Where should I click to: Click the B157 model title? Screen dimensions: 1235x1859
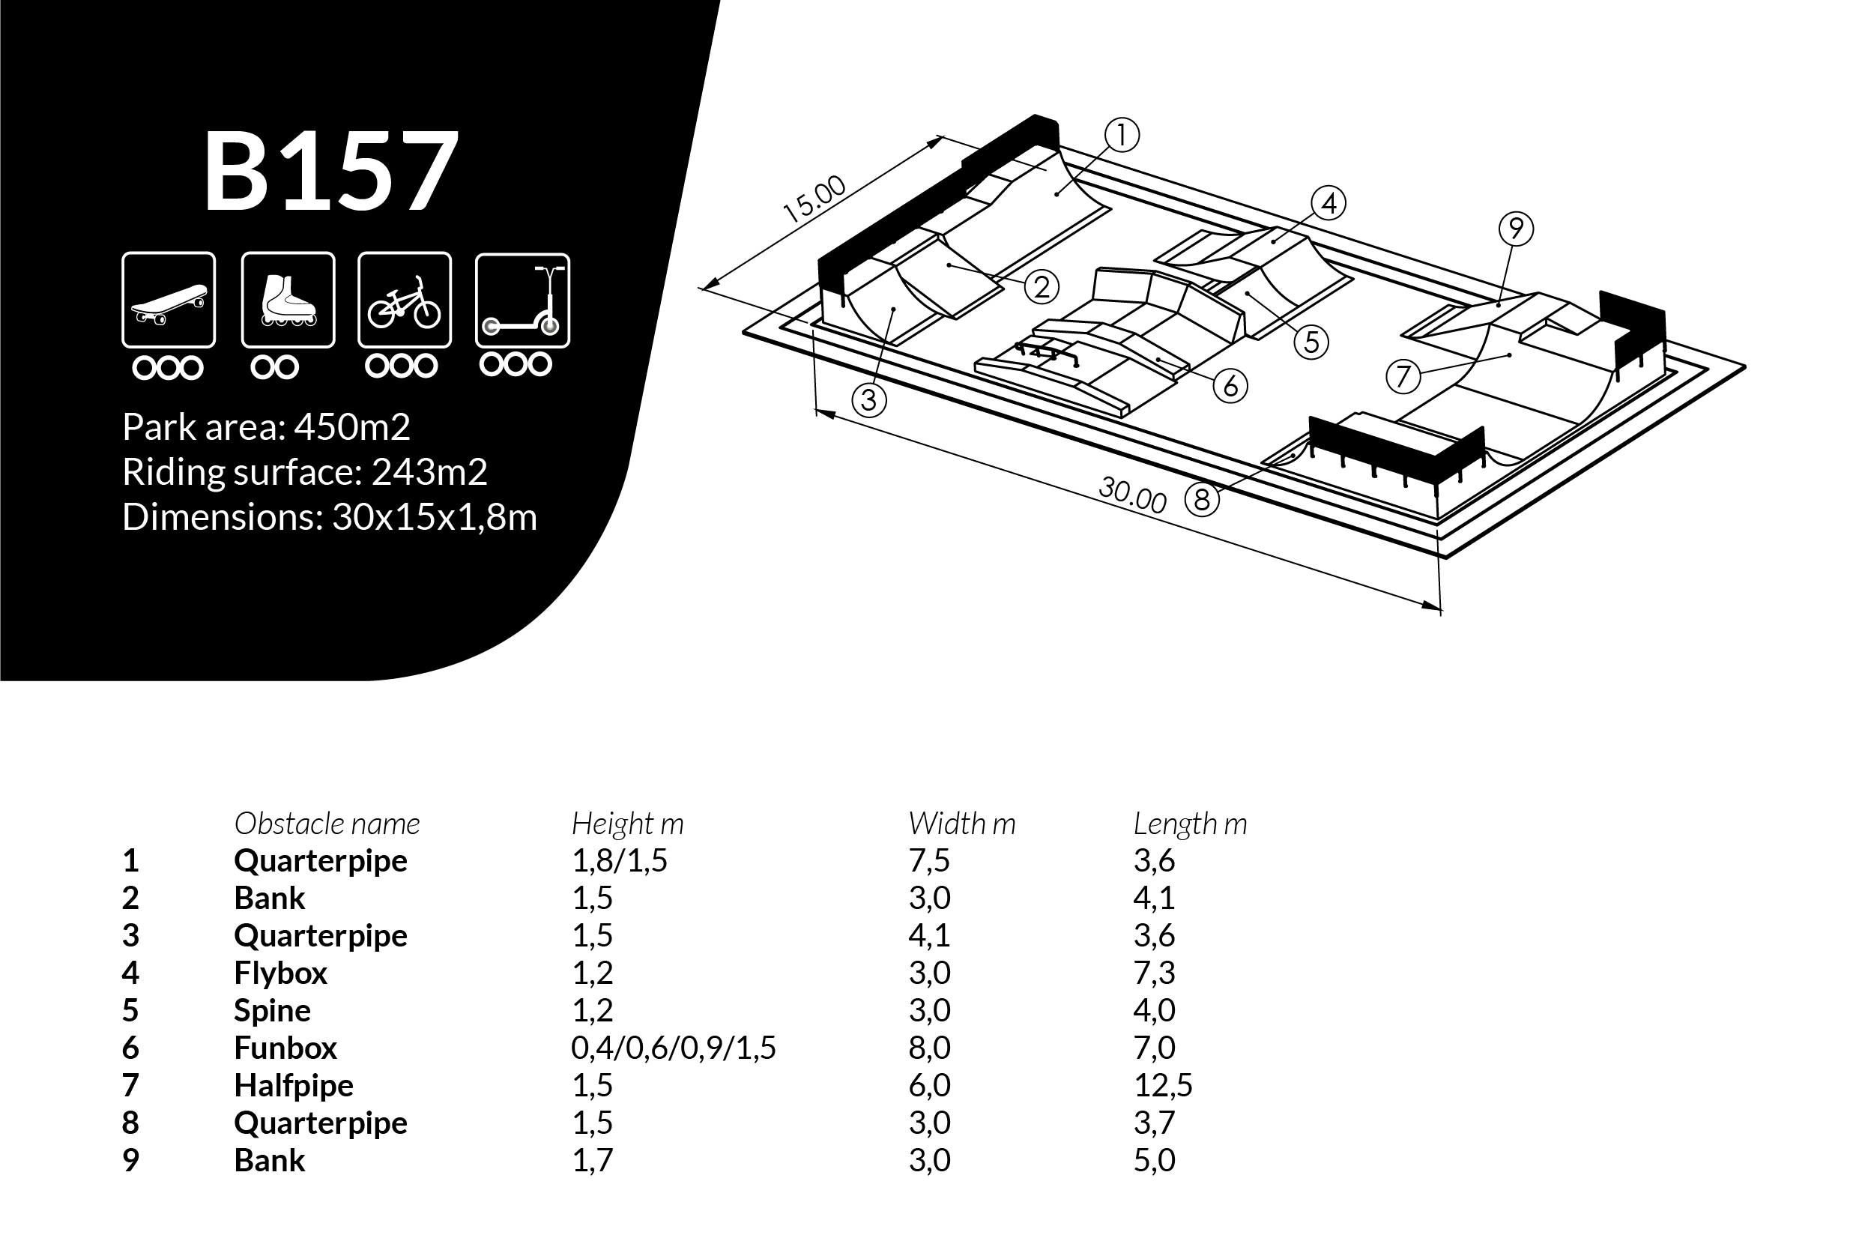331,171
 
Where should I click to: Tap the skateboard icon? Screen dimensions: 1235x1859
169,299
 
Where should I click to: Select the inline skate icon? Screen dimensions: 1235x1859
288,299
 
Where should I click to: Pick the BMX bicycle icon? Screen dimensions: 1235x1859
405,299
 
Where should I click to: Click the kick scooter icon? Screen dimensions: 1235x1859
522,300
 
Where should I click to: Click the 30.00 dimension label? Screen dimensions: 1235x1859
1132,495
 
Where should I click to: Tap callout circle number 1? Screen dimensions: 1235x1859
1121,136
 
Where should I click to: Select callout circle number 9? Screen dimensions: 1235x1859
1516,229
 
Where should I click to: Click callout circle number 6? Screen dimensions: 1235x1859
1230,386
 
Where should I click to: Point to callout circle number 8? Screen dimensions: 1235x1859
1202,499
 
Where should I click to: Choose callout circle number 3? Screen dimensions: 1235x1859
868,400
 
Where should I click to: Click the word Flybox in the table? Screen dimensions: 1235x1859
280,973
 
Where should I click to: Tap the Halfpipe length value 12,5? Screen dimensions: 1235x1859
1162,1085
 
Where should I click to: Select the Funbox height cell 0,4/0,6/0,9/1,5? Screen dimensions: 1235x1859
673,1048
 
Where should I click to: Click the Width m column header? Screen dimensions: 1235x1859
961,824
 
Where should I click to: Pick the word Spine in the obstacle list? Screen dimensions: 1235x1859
272,1010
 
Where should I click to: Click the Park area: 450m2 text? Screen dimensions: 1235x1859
266,427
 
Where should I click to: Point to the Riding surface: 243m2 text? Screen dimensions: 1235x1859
305,472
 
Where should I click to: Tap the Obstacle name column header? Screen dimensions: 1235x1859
327,824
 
